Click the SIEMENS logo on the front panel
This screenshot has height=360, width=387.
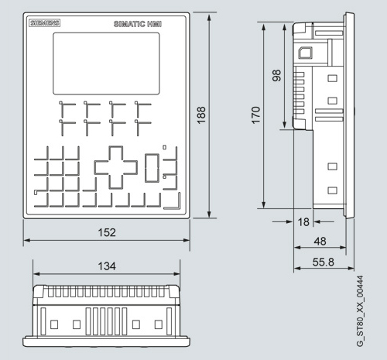pyautogui.click(x=44, y=22)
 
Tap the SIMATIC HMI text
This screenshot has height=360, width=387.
pyautogui.click(x=138, y=24)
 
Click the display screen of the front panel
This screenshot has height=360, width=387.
pyautogui.click(x=106, y=63)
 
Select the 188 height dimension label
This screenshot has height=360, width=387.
pyautogui.click(x=201, y=115)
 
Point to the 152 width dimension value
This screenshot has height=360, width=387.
pyautogui.click(x=107, y=232)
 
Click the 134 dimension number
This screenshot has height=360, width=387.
pyautogui.click(x=107, y=266)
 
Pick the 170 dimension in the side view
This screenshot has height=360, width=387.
pyautogui.click(x=255, y=115)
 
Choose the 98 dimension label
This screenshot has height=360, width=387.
pyautogui.click(x=276, y=76)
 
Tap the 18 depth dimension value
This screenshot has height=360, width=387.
pyautogui.click(x=303, y=222)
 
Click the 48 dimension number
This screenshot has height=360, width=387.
pyautogui.click(x=320, y=242)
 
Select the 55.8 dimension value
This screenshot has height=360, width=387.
pyautogui.click(x=324, y=262)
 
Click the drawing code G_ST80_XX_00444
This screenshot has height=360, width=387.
pyautogui.click(x=360, y=311)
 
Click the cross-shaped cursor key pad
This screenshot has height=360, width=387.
pyautogui.click(x=116, y=167)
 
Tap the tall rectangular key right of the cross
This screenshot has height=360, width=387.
pyautogui.click(x=152, y=168)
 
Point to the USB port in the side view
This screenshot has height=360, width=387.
pyautogui.click(x=306, y=53)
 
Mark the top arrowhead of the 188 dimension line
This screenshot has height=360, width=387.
pyautogui.click(x=209, y=18)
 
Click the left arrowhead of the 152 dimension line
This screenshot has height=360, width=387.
pyautogui.click(x=27, y=240)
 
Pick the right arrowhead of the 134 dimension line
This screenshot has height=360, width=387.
pyautogui.click(x=176, y=274)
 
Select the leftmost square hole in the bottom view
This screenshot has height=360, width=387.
pyautogui.click(x=54, y=324)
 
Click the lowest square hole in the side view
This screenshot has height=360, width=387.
pyautogui.click(x=332, y=190)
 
